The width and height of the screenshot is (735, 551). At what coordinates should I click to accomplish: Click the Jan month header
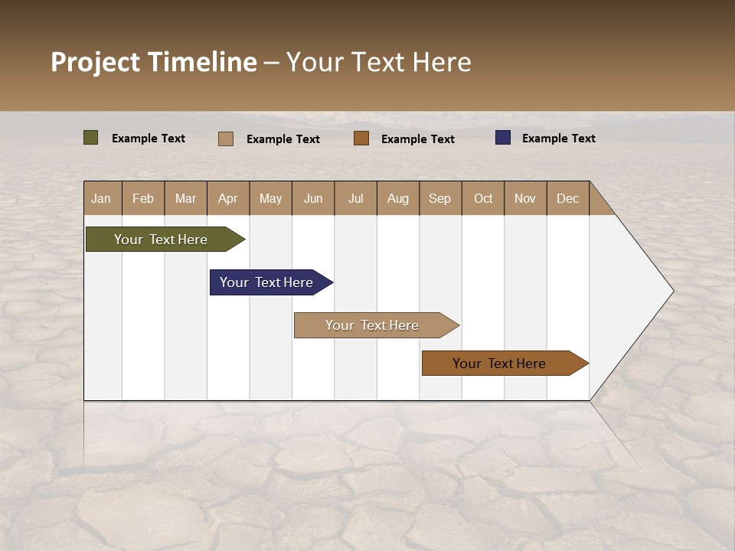coord(102,198)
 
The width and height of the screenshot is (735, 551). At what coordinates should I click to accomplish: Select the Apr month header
coord(228,198)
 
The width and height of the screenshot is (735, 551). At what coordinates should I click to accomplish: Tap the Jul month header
coord(355,198)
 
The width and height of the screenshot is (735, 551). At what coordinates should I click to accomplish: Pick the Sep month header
coord(439,198)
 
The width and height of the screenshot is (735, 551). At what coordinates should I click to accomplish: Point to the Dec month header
coord(567,198)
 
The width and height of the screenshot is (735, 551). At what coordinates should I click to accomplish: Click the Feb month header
coord(143,198)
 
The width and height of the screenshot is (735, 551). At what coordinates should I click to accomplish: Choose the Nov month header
coord(524,198)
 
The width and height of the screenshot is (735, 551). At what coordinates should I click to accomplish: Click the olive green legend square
coord(90,138)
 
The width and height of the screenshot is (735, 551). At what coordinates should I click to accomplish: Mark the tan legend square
coord(225,139)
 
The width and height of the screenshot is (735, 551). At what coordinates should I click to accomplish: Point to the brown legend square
coord(361,139)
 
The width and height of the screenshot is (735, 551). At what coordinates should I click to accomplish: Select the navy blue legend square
coord(502,138)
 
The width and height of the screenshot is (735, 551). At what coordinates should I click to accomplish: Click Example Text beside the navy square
coord(558,139)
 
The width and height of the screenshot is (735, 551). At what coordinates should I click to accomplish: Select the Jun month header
coord(313,198)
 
